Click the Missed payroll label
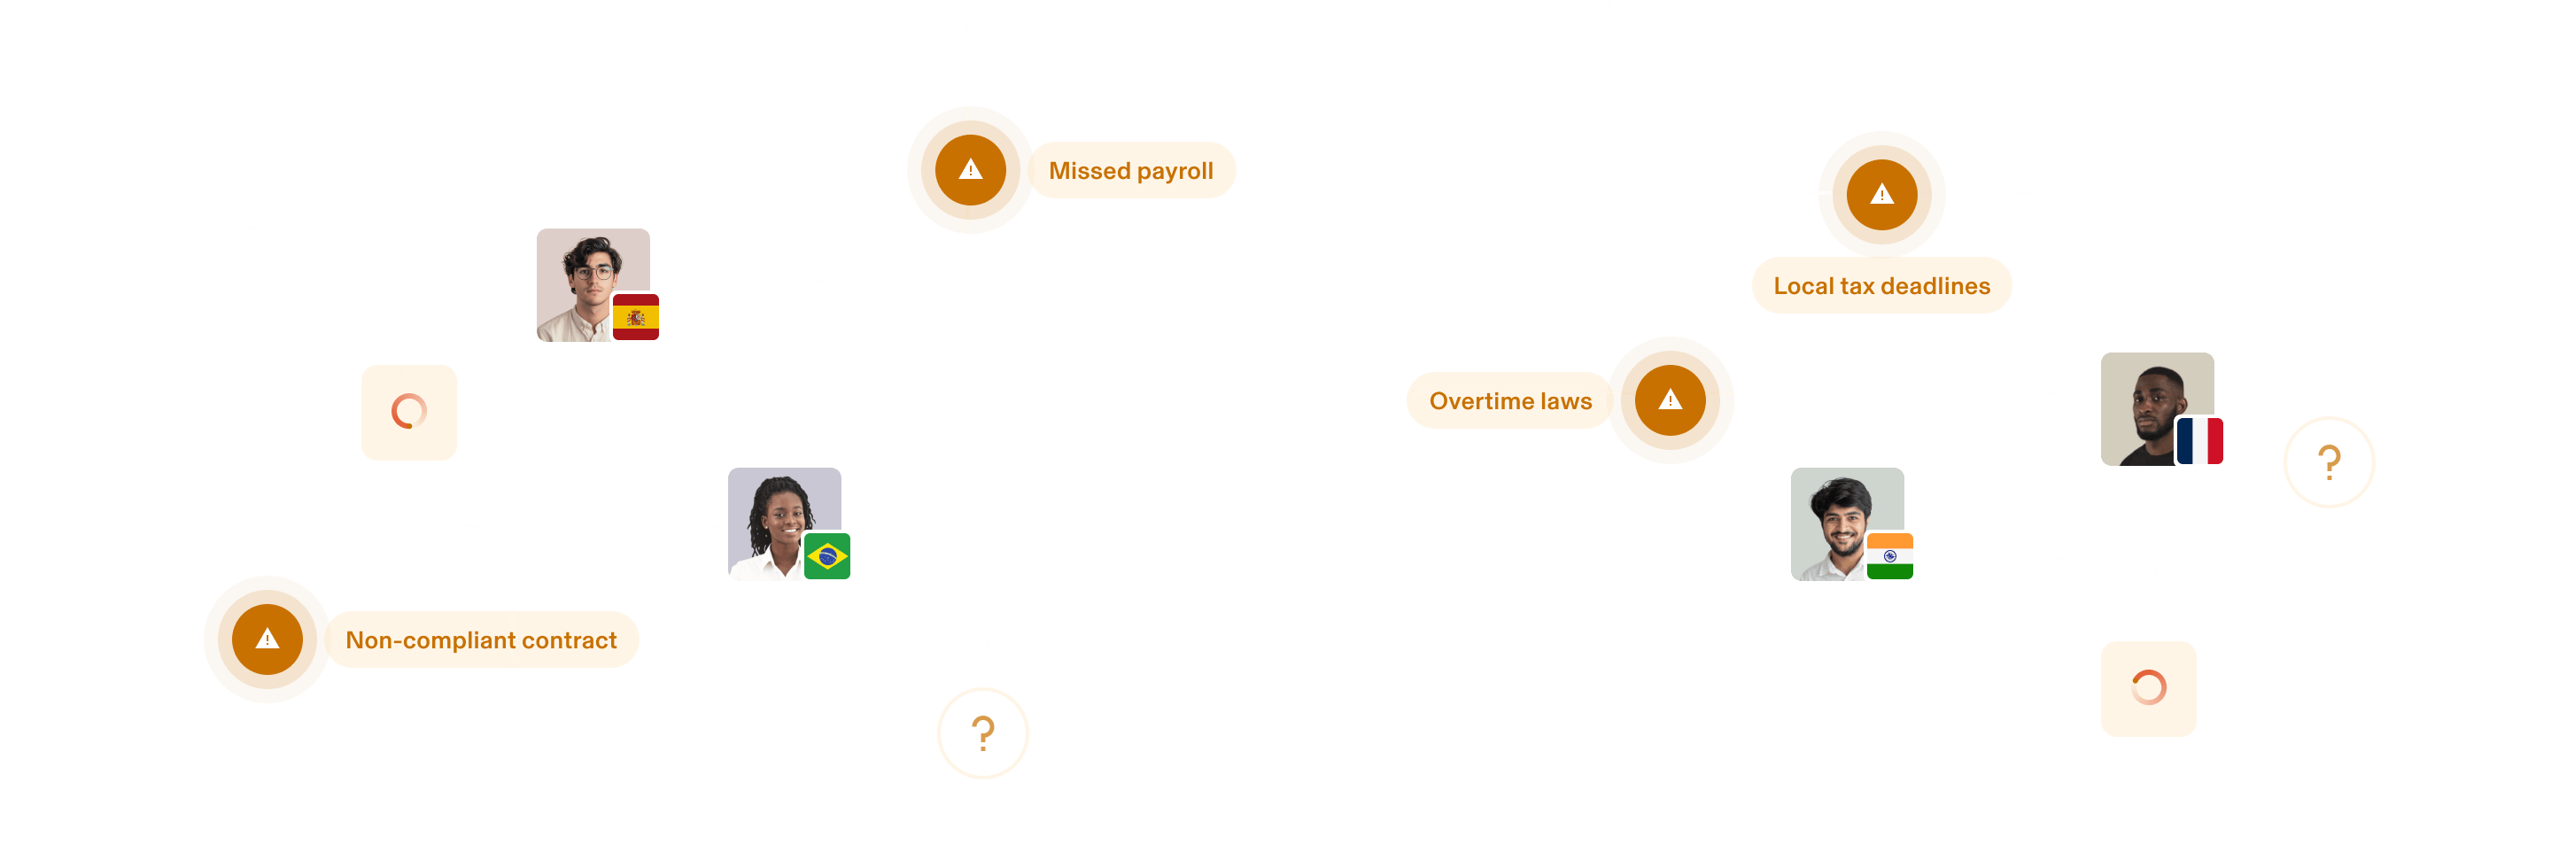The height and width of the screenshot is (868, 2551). click(1131, 170)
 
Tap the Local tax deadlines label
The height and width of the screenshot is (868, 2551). click(1880, 286)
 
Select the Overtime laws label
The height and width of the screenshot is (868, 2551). click(1509, 401)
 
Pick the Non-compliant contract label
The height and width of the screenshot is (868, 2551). click(481, 640)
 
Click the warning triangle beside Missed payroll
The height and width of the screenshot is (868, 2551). click(971, 170)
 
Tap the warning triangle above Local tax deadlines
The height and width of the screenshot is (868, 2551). click(1881, 194)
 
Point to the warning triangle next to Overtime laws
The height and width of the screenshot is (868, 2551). click(1671, 399)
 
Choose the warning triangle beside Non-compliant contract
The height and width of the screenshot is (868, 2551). click(268, 639)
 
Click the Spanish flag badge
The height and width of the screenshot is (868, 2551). click(636, 317)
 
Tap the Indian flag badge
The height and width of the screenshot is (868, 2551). click(1888, 555)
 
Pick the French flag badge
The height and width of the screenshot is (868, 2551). click(2198, 440)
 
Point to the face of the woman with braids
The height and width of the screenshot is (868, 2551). click(782, 515)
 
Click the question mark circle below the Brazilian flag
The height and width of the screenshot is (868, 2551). click(982, 733)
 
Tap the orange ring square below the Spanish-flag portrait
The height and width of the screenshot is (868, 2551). click(409, 412)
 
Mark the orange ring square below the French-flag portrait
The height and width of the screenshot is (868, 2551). click(2148, 689)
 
